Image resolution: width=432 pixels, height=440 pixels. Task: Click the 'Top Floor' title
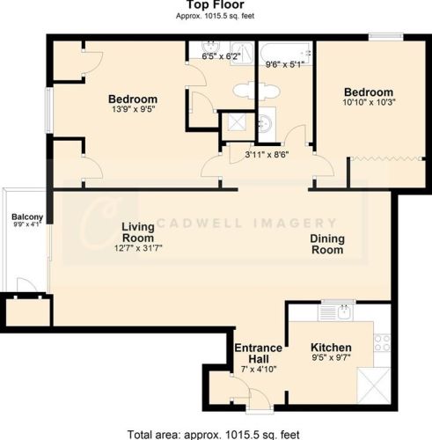216,5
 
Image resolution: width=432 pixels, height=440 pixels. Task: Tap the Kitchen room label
331,348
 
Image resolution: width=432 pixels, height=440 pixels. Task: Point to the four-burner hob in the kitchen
382,341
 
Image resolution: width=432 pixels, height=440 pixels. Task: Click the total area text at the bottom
216,434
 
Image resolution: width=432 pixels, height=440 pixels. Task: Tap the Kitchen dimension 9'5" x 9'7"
331,359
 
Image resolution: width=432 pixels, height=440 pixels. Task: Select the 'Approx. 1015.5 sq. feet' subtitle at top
216,17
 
